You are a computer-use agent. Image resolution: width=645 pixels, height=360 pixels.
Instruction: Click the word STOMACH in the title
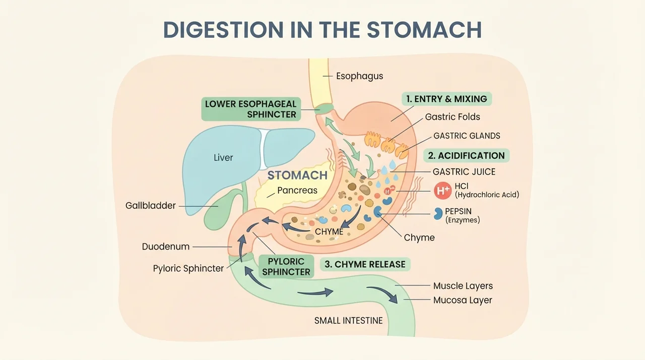pyautogui.click(x=424, y=30)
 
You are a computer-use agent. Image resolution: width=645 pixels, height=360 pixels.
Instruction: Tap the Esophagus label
pyautogui.click(x=360, y=76)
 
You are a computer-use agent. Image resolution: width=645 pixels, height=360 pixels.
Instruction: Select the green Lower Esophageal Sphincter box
pyautogui.click(x=251, y=109)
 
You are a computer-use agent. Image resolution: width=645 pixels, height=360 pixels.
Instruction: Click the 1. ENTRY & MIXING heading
pyautogui.click(x=446, y=99)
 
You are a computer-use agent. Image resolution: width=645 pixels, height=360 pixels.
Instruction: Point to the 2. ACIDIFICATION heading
pyautogui.click(x=466, y=155)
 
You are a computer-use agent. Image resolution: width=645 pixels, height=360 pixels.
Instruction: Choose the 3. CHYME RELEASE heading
pyautogui.click(x=365, y=264)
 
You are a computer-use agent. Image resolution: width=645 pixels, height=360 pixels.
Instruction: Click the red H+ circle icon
pyautogui.click(x=443, y=191)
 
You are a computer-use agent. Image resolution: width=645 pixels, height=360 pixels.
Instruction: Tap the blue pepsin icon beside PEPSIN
pyautogui.click(x=438, y=214)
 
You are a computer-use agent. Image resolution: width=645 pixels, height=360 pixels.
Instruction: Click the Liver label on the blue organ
pyautogui.click(x=223, y=157)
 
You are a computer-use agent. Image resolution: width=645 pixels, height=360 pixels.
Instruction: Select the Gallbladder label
pyautogui.click(x=150, y=206)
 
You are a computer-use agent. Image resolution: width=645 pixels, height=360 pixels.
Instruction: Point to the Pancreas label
pyautogui.click(x=297, y=191)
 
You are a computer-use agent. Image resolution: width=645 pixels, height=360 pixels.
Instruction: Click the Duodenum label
pyautogui.click(x=166, y=247)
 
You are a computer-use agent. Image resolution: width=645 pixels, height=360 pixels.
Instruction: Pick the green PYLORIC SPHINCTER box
pyautogui.click(x=286, y=266)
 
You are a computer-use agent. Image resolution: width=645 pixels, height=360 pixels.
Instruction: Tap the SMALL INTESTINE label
pyautogui.click(x=348, y=321)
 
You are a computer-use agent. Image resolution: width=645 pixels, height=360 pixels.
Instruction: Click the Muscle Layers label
pyautogui.click(x=463, y=286)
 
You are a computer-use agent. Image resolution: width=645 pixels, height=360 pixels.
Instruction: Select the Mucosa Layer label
pyautogui.click(x=463, y=300)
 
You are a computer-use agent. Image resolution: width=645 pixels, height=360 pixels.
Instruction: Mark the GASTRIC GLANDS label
pyautogui.click(x=467, y=136)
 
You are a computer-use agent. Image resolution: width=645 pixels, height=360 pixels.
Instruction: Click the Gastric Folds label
pyautogui.click(x=453, y=116)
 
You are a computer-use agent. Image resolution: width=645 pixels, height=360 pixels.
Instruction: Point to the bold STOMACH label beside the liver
pyautogui.click(x=297, y=175)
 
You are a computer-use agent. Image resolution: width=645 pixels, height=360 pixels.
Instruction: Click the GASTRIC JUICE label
pyautogui.click(x=464, y=171)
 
